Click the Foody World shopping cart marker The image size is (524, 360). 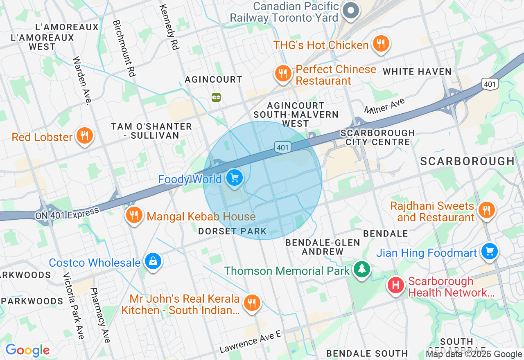click(x=234, y=178)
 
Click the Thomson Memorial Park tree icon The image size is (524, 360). click(x=361, y=269)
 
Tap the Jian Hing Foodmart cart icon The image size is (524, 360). click(x=489, y=251)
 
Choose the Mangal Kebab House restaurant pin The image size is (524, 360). click(x=134, y=214)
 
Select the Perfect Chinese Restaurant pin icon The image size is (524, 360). click(x=282, y=74)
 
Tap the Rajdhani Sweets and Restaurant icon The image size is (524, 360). click(x=486, y=210)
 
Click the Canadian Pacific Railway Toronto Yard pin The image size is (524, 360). click(x=350, y=10)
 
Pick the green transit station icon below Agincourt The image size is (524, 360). click(x=216, y=97)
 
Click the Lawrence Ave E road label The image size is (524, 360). click(x=251, y=342)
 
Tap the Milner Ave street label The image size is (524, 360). click(x=384, y=106)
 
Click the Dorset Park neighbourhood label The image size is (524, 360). click(x=232, y=231)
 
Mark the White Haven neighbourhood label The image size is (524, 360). click(x=417, y=72)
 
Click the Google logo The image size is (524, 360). click(x=27, y=350)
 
